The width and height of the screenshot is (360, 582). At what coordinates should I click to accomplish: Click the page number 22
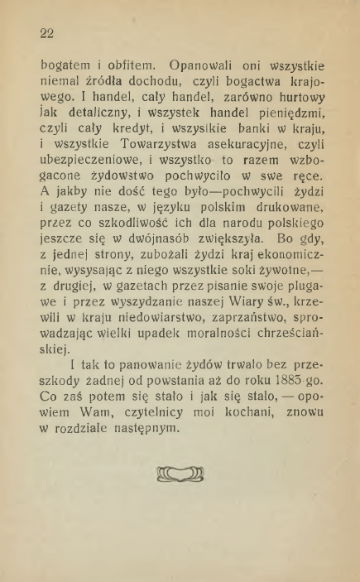tap(46, 34)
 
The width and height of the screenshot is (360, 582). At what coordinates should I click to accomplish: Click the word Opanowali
tap(203, 65)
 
